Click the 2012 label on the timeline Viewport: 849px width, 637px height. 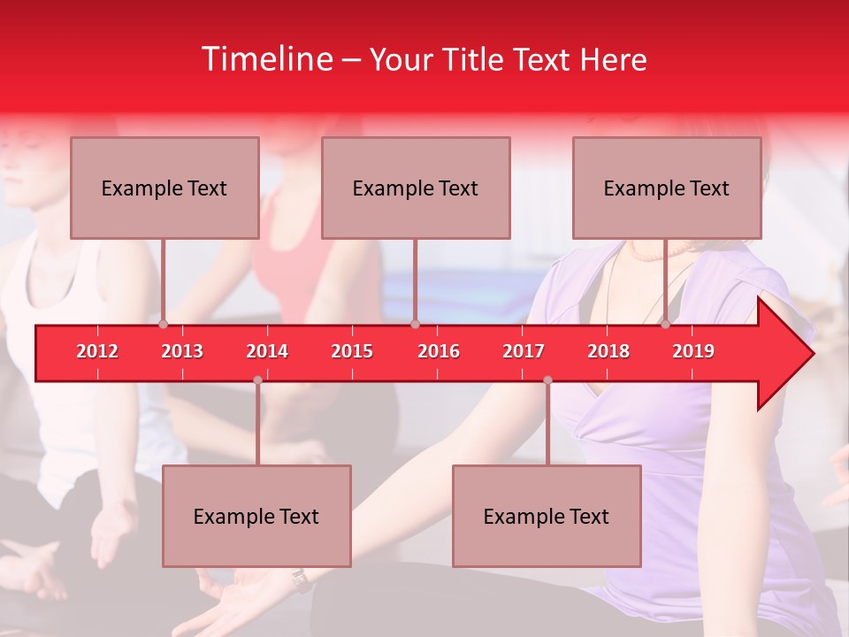coord(97,351)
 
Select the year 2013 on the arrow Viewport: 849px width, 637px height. coord(182,351)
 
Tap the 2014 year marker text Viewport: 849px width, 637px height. coord(267,351)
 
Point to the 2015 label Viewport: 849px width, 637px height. coord(352,351)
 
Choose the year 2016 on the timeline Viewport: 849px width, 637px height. coord(439,351)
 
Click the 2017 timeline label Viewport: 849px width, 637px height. coord(524,351)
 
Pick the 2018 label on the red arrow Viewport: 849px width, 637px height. coord(608,351)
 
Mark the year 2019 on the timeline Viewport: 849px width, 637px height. coord(693,351)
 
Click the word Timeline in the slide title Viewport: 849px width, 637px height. coord(266,59)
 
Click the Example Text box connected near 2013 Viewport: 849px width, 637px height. coord(164,188)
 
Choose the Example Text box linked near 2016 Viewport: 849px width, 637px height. coord(416,188)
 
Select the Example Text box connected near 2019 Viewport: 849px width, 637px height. coord(667,188)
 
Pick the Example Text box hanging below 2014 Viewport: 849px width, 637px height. coord(256,516)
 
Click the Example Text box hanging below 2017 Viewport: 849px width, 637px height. coord(547,516)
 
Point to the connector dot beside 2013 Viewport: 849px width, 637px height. coord(164,325)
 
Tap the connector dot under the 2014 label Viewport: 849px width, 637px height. coord(257,380)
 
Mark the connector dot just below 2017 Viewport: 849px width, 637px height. coord(547,380)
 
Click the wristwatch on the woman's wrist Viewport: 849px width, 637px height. coord(302,579)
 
